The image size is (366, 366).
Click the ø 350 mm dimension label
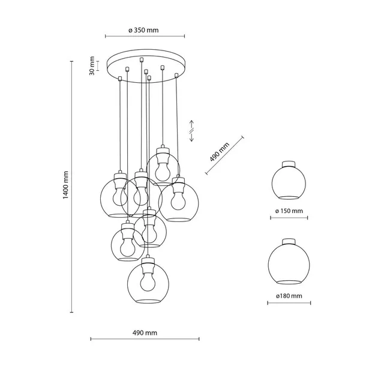coord(143,30)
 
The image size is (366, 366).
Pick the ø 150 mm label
coord(289,211)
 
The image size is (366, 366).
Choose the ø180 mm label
coord(289,296)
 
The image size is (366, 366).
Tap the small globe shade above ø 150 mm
coord(289,181)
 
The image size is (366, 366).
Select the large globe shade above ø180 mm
coord(289,262)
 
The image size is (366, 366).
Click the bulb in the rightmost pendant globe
coord(178,197)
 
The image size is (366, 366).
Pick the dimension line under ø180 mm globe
coord(289,305)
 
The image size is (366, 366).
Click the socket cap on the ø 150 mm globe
coord(289,163)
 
